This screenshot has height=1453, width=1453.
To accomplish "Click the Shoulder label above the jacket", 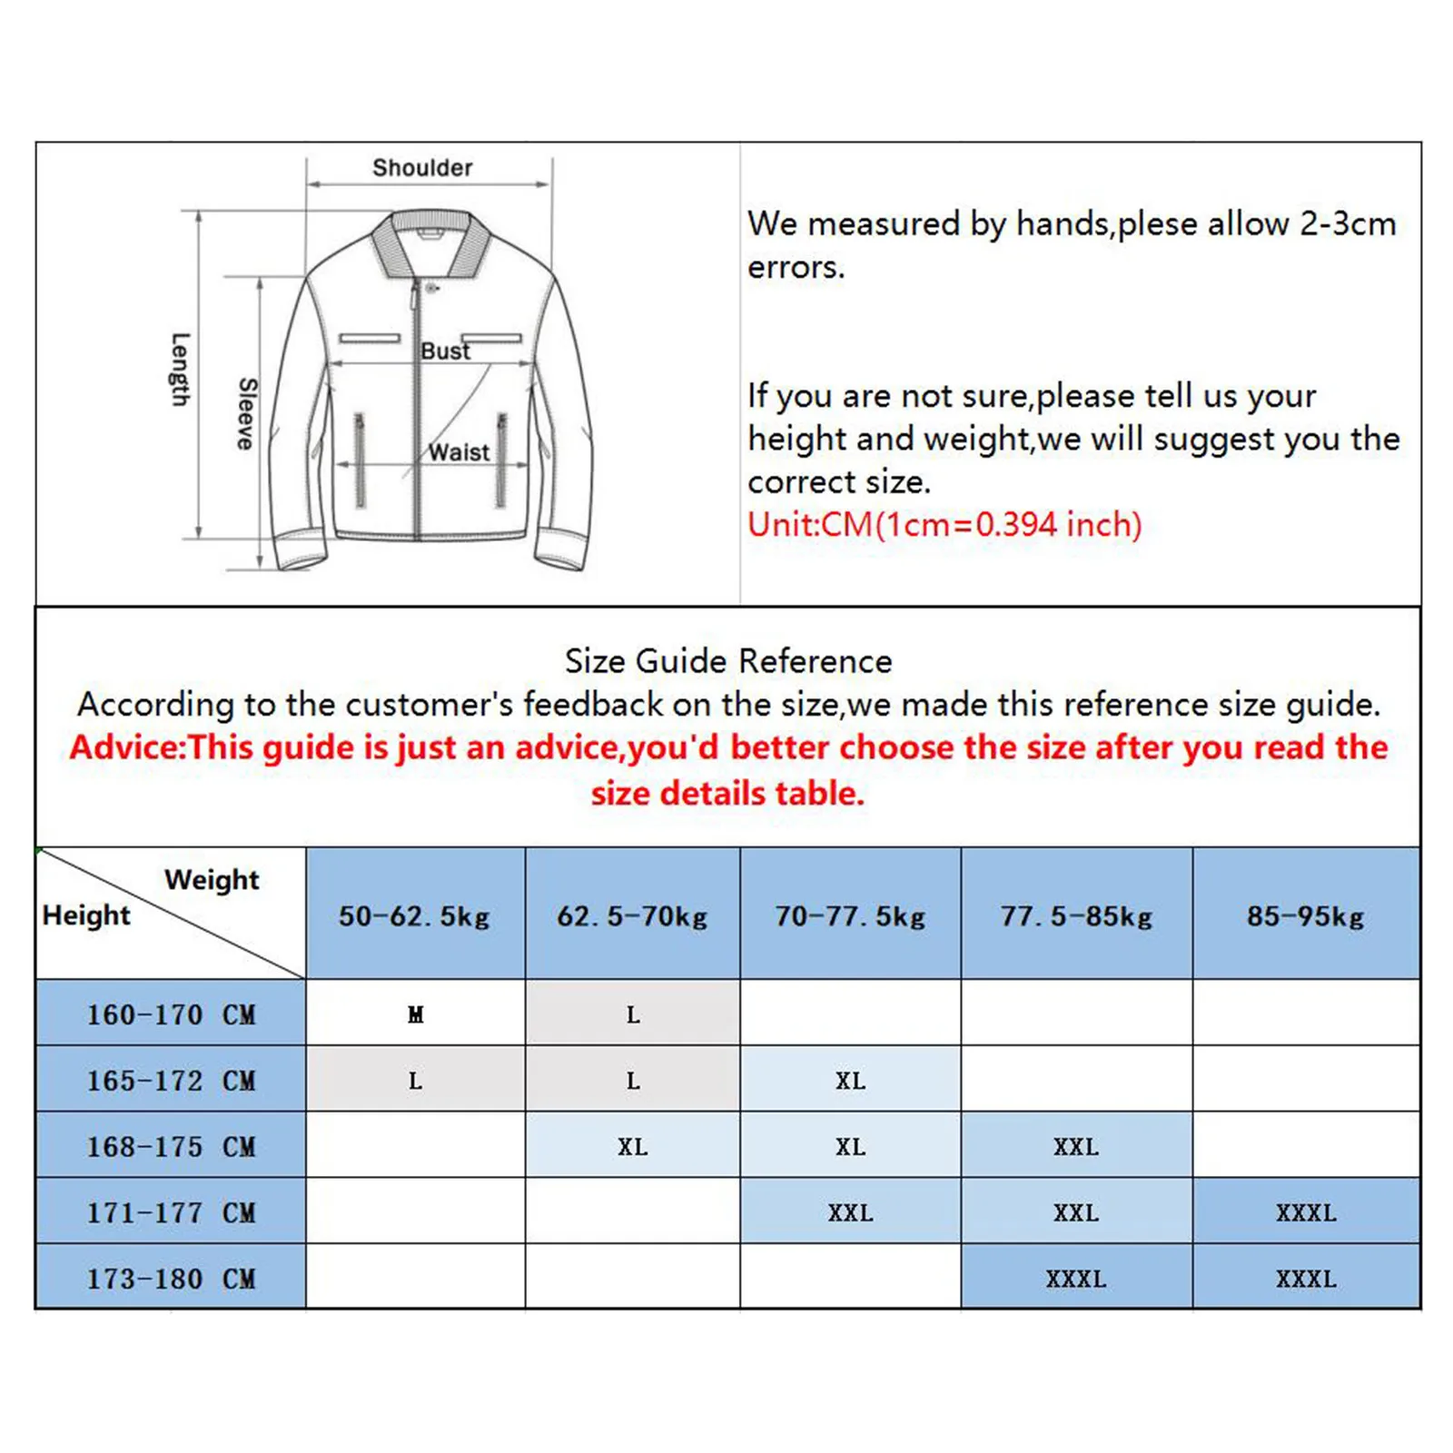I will (x=422, y=168).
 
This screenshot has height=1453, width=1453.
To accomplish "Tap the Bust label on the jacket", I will (x=445, y=351).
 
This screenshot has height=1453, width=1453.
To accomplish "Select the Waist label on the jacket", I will (x=459, y=452).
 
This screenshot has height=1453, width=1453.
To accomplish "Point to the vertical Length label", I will (x=181, y=370).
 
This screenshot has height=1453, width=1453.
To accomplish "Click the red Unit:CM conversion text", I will (x=944, y=525).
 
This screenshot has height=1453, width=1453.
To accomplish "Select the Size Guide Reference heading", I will (x=728, y=661).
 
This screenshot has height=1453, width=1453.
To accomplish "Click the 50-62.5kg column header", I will (x=415, y=916).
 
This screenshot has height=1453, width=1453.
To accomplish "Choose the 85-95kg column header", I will (x=1306, y=916).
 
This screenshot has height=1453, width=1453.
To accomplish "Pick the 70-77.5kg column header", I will (x=850, y=916).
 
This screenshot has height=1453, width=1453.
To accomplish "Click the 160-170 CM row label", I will (x=172, y=1014).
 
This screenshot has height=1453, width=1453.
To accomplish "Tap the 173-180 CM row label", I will (x=172, y=1279).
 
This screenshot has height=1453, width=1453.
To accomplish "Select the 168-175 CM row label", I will (x=172, y=1147).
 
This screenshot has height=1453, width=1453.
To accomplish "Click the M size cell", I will (x=415, y=1014).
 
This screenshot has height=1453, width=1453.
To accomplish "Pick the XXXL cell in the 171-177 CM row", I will (x=1306, y=1212).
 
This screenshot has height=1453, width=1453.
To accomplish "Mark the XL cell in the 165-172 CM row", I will (x=850, y=1081).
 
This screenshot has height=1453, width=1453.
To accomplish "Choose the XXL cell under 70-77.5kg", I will (x=850, y=1212).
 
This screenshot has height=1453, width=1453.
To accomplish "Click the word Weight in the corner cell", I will (x=212, y=879).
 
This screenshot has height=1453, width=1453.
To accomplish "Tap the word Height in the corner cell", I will (x=86, y=914).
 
